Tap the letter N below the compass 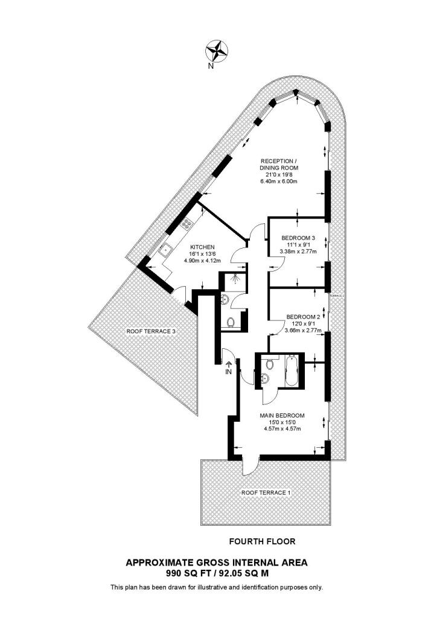point(211,67)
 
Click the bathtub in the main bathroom point(292,371)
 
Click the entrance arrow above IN point(229,364)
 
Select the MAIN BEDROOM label point(282,415)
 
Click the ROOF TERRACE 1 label point(266,493)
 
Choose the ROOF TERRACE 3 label point(151,331)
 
